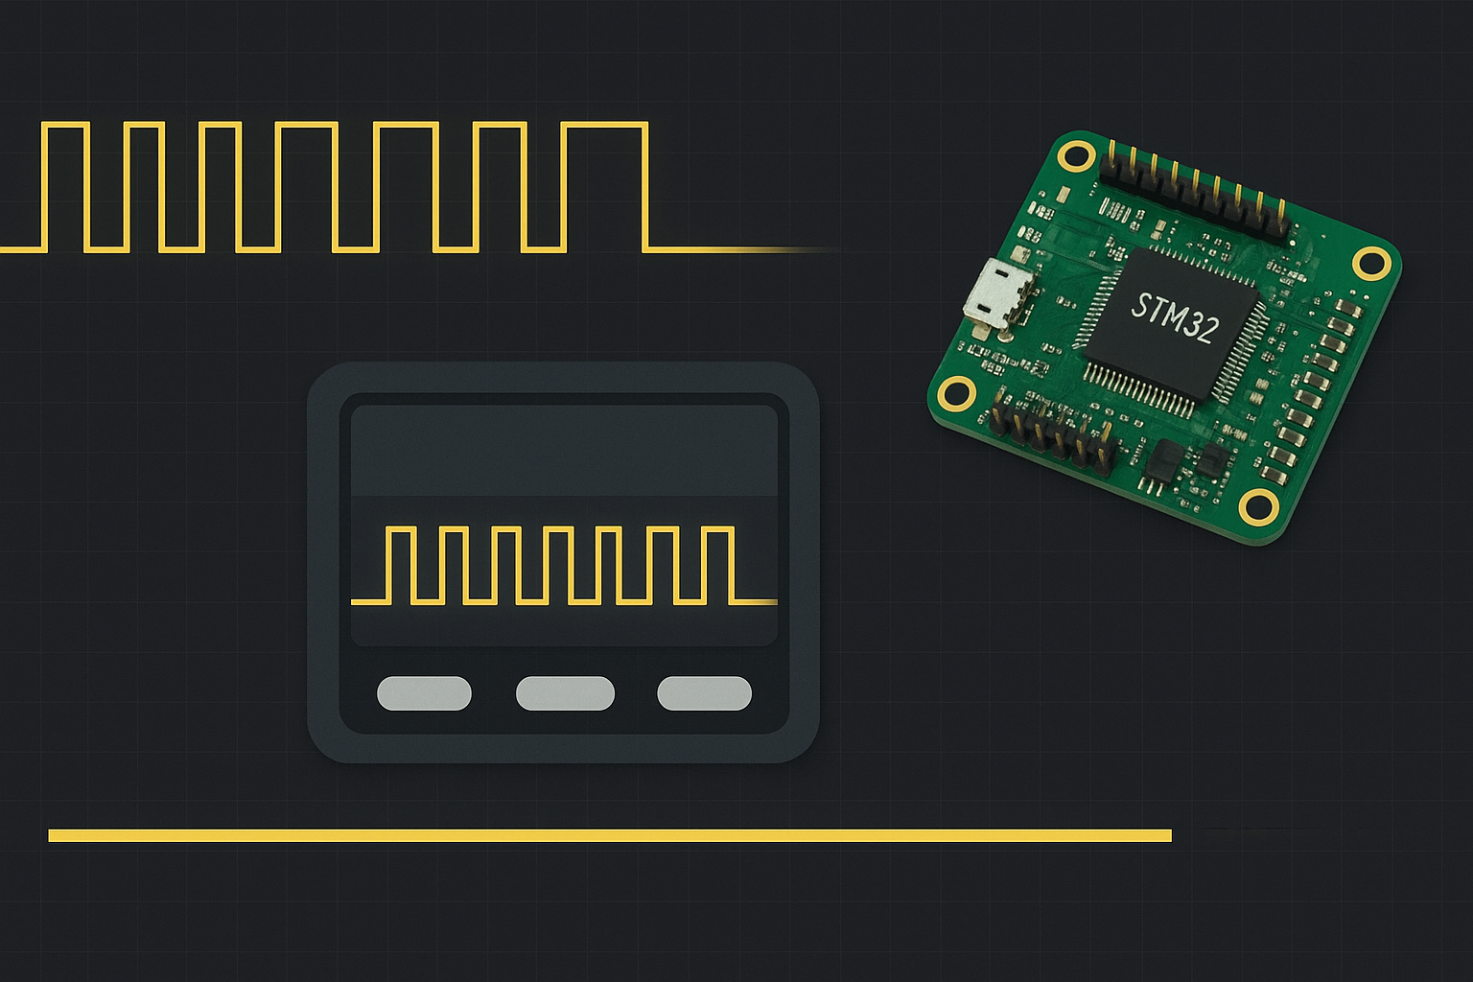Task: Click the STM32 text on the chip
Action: tap(1175, 316)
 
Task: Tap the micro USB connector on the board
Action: tap(998, 295)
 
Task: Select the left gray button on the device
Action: tap(424, 693)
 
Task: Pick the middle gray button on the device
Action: tap(565, 693)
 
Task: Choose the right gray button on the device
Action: tap(704, 693)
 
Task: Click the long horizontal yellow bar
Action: tap(610, 835)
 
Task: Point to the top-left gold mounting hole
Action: tap(1077, 154)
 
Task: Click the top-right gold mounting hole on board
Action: tap(1372, 262)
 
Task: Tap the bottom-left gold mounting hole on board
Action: tap(956, 392)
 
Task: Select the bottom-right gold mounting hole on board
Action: tap(1258, 505)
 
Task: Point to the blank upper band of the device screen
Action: tap(564, 449)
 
